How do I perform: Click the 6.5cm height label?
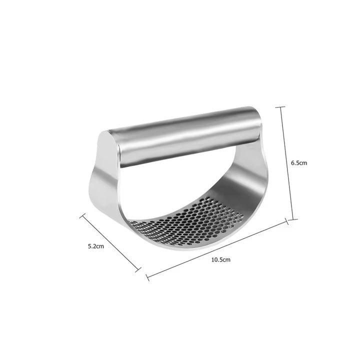[298, 162]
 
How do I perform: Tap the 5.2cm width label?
[95, 246]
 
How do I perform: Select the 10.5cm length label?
[220, 259]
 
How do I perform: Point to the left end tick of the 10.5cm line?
[146, 276]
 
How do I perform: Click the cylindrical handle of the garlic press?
[185, 135]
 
